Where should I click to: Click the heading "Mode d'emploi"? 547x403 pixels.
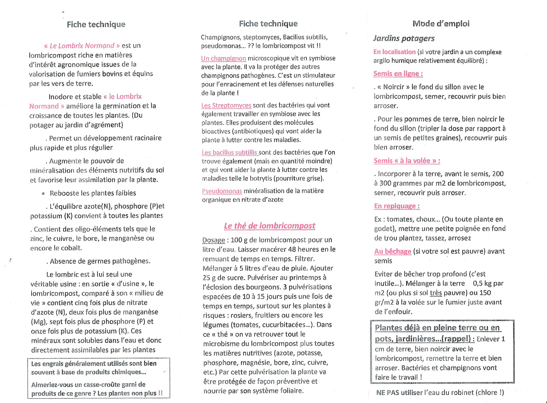tap(441, 24)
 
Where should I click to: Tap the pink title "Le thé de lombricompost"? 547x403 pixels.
tap(270, 226)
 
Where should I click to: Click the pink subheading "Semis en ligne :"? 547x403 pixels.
tap(398, 73)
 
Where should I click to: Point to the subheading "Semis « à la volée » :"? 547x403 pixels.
tap(407, 161)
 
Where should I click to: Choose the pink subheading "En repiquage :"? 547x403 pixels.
tap(397, 206)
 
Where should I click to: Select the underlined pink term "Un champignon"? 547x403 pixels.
tap(223, 58)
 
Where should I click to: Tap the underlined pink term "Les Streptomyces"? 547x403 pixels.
tap(226, 105)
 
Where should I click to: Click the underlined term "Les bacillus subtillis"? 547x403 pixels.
tap(230, 153)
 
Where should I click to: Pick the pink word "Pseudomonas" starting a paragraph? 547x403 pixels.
tap(222, 191)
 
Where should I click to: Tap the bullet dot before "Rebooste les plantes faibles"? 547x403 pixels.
tap(43, 193)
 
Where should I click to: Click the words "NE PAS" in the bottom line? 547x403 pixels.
tap(387, 393)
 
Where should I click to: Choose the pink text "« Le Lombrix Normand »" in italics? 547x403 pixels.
tap(82, 46)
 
